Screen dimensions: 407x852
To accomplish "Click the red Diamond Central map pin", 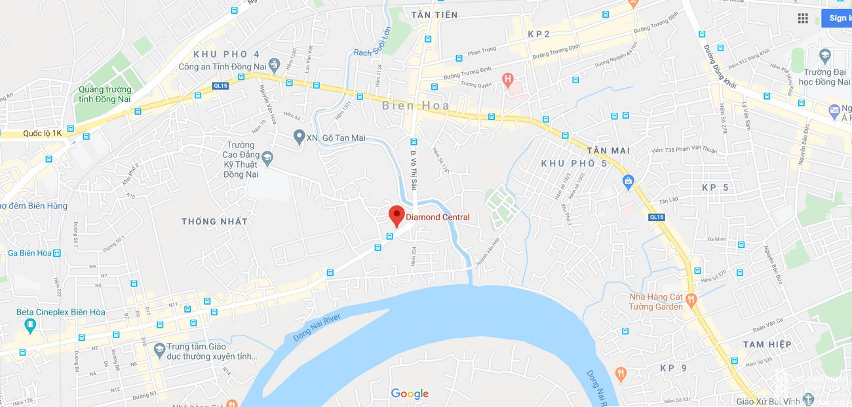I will coord(396,215).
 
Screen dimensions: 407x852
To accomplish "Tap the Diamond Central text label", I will coord(438,218).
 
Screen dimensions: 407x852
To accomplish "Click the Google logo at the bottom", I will coord(410,394).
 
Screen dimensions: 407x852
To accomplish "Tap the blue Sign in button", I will coord(837,18).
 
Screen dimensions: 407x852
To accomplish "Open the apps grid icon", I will coord(803,18).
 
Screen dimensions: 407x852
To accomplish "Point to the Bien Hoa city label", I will coord(416,106).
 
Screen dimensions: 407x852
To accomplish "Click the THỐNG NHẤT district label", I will coord(215,222).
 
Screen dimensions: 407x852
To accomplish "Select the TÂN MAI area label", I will coord(608,151).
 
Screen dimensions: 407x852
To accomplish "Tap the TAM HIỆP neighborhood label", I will coord(767,345).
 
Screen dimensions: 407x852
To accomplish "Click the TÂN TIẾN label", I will coord(435,14).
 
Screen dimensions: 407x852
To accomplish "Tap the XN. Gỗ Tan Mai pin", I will coord(300,137).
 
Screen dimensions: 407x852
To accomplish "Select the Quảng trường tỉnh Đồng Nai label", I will coord(105,94).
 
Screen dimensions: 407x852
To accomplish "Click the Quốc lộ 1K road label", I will coord(42,133).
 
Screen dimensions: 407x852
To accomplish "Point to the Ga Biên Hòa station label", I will coord(29,253).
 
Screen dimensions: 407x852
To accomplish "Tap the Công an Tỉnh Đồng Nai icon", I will coord(274,65).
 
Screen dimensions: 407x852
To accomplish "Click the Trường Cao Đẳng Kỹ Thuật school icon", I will coord(267,158).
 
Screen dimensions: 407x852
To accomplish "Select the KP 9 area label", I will coord(673,368).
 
